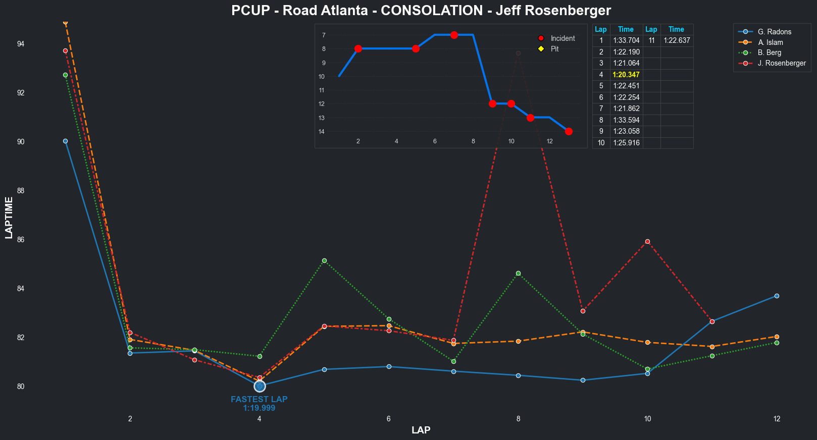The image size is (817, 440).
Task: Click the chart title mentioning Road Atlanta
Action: coord(421,11)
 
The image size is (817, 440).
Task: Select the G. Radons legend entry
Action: coord(774,32)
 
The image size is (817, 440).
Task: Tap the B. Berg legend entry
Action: coord(769,52)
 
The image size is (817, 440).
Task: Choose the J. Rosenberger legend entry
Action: coord(781,63)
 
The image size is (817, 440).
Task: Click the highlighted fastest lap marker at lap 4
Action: coord(260,386)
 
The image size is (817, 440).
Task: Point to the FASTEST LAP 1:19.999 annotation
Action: coord(259,404)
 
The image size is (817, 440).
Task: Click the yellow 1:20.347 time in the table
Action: coord(626,75)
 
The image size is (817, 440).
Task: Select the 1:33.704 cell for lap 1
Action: coord(626,40)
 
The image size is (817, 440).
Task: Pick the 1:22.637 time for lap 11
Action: coord(677,40)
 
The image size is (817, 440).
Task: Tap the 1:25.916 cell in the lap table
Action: coord(626,143)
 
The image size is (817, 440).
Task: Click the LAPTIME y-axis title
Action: coord(9,217)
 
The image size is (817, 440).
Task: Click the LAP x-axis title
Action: coord(421,430)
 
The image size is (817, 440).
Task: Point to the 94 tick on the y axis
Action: coord(21,44)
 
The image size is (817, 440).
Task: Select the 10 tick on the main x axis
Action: coord(647,419)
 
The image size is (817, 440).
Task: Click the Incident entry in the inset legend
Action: coord(563,38)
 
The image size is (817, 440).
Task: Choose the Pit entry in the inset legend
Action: coord(554,49)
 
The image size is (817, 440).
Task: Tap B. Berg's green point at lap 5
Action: coord(324,260)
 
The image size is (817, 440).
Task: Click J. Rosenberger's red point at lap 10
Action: coord(647,241)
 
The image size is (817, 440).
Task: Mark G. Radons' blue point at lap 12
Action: coord(777,296)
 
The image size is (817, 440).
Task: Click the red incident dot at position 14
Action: coord(569,131)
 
